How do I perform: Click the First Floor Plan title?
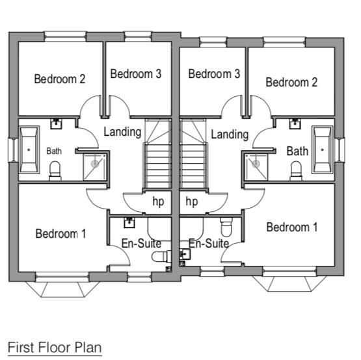tap(55, 348)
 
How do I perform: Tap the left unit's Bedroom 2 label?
tap(60, 79)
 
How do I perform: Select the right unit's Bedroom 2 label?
tap(291, 82)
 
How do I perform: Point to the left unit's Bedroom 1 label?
tap(60, 234)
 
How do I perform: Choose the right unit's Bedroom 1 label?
tap(292, 227)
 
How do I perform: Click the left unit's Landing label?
tap(122, 132)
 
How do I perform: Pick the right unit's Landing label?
tap(230, 135)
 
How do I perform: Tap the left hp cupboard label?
tap(159, 201)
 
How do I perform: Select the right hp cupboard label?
tap(191, 201)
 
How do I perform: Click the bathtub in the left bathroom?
tap(29, 149)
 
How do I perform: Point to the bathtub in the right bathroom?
tap(322, 149)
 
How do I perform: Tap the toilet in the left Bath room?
tap(55, 171)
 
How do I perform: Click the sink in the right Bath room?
tap(295, 123)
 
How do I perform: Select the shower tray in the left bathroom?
tap(95, 167)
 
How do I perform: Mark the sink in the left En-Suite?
tap(129, 222)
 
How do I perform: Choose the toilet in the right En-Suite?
tap(226, 227)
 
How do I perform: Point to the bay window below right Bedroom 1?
tap(289, 283)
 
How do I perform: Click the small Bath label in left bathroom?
tap(54, 151)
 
